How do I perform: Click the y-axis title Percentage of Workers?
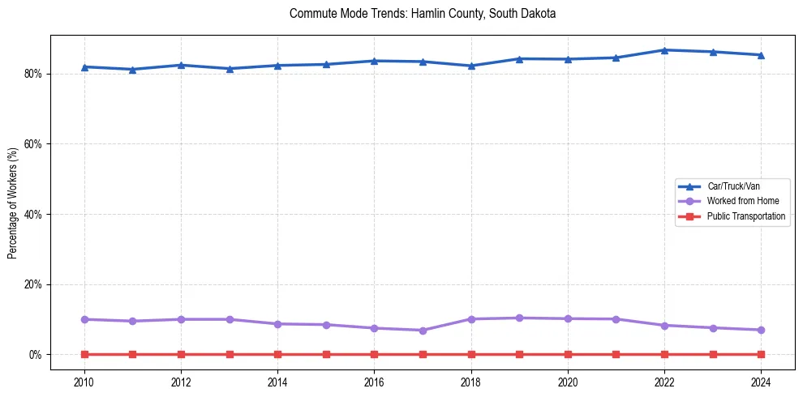[x=12, y=203]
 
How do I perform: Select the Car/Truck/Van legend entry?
[x=733, y=186]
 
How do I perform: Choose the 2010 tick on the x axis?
[x=84, y=382]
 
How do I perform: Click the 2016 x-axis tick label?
[x=374, y=382]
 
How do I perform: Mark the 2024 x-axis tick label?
[x=761, y=382]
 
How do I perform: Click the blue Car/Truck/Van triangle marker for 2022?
[x=664, y=50]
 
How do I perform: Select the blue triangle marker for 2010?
[x=84, y=67]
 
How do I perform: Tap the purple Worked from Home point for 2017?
[x=423, y=331]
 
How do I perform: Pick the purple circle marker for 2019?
[x=519, y=318]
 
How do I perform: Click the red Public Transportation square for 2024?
[x=761, y=354]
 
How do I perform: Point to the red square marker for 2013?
[x=230, y=354]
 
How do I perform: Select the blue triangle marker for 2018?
[x=471, y=66]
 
